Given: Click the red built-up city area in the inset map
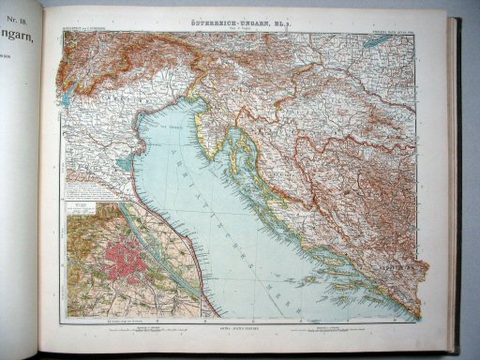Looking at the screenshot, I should [127, 262].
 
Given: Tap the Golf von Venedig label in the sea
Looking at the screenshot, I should [169, 123].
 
